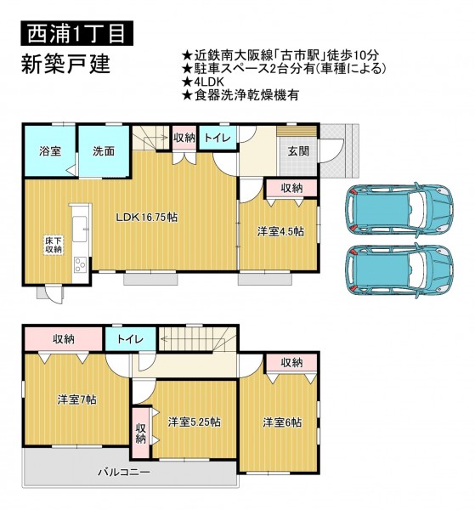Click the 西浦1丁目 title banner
pos(77,33)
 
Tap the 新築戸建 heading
pos(65,64)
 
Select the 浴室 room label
pos(50,151)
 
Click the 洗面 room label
pos(104,151)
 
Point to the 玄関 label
pos(298,151)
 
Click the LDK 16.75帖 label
pos(147,217)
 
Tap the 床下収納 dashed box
pos(54,245)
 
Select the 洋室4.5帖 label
pos(281,231)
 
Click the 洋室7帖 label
pos(77,399)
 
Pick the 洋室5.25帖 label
pos(194,422)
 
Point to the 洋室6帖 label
pos(282,422)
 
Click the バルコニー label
pos(124,472)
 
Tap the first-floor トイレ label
pos(218,138)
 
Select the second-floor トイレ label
pos(130,339)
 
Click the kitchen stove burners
pos(80,264)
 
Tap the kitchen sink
pos(80,229)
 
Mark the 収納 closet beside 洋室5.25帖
pos(140,433)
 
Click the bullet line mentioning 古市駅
pos(280,55)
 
